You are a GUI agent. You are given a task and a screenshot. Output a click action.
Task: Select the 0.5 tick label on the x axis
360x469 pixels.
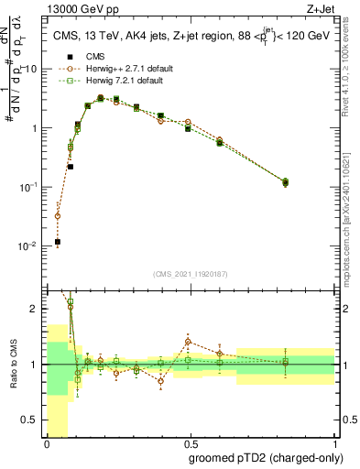pos(190,442)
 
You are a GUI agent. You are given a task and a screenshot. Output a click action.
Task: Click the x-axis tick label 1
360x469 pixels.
pos(334,442)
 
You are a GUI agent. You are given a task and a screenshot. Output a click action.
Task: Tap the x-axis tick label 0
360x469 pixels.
pos(47,442)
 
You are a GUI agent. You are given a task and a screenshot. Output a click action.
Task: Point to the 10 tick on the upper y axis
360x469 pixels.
pos(34,70)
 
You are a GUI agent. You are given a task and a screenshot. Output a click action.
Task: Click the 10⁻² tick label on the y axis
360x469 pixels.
pos(30,245)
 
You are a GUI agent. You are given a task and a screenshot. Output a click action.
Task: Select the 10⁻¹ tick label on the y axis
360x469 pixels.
pos(30,187)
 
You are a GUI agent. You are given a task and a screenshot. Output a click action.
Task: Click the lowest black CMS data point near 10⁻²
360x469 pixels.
pos(58,242)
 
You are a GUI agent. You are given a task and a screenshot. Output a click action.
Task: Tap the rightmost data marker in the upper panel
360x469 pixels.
pos(286,182)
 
